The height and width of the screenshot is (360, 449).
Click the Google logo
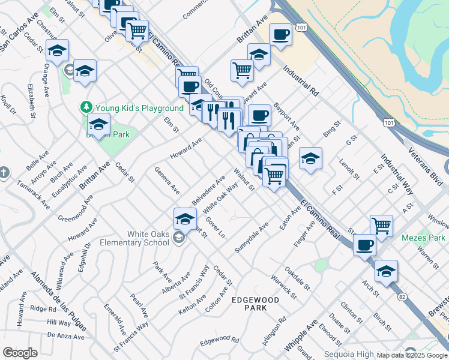click(x=20, y=353)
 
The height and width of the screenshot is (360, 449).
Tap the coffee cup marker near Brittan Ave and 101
click(x=280, y=35)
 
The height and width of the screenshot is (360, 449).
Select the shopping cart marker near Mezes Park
click(x=381, y=226)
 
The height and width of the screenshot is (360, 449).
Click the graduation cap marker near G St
click(x=310, y=159)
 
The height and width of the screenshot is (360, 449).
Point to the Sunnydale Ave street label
click(x=252, y=238)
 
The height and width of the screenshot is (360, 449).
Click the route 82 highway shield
click(x=400, y=296)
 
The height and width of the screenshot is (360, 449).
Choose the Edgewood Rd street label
click(x=219, y=340)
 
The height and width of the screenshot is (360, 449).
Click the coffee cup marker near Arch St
click(x=365, y=245)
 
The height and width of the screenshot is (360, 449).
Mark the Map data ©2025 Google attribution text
click(x=412, y=355)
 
